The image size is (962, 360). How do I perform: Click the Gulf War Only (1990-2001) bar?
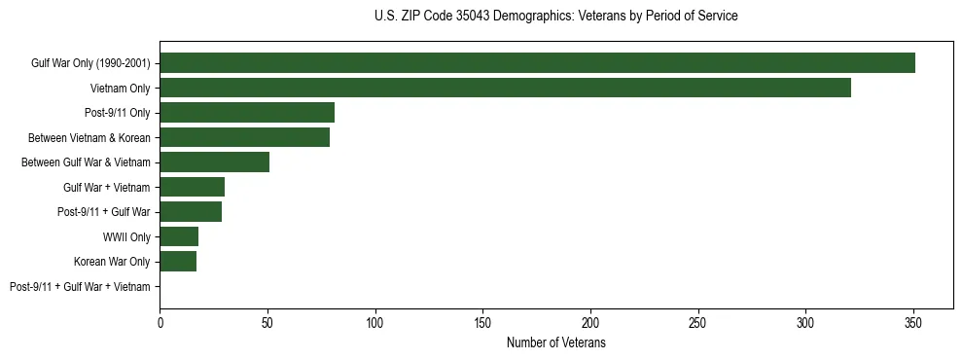pyautogui.click(x=537, y=63)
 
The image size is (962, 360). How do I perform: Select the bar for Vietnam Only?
pyautogui.click(x=505, y=88)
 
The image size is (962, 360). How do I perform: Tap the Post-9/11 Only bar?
pyautogui.click(x=247, y=113)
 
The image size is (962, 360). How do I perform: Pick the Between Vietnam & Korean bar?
pyautogui.click(x=244, y=137)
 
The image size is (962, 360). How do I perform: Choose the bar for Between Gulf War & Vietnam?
pyautogui.click(x=214, y=162)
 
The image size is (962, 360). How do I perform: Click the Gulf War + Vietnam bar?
pyautogui.click(x=192, y=187)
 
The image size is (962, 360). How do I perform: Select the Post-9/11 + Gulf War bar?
pyautogui.click(x=191, y=212)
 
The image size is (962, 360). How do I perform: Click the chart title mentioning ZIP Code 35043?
pyautogui.click(x=555, y=17)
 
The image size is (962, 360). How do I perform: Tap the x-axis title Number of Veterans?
pyautogui.click(x=555, y=342)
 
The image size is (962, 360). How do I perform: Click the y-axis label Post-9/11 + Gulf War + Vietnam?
pyautogui.click(x=80, y=287)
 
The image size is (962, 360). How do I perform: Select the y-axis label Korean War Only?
pyautogui.click(x=112, y=262)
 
